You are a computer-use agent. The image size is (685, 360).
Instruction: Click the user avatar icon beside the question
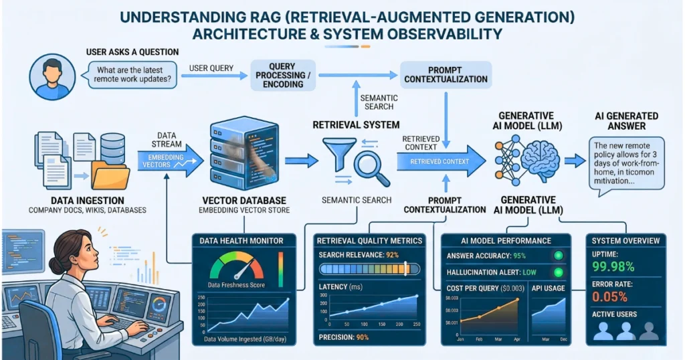pyautogui.click(x=50, y=78)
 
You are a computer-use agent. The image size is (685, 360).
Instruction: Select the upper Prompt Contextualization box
pyautogui.click(x=446, y=74)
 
